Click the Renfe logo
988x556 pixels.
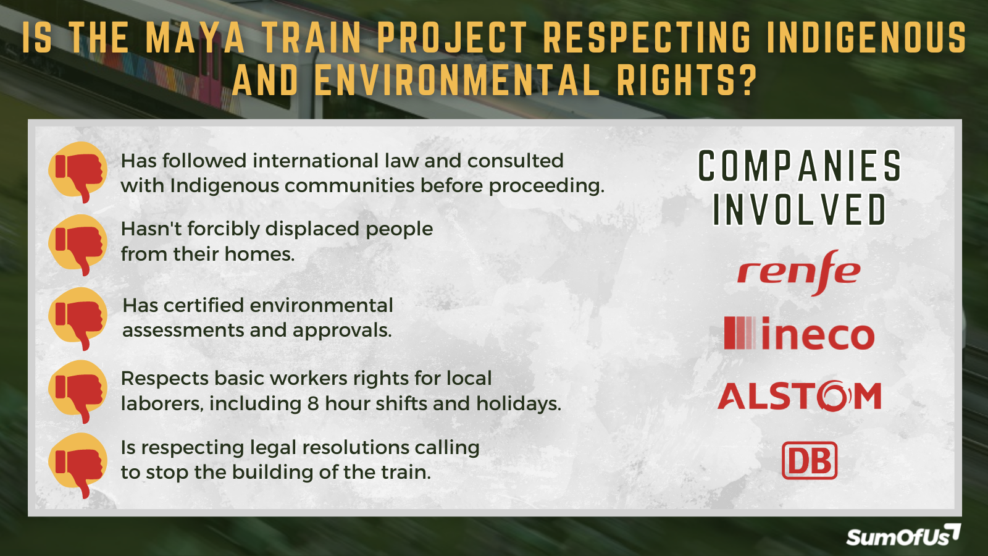(x=798, y=272)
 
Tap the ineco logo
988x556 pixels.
(x=799, y=334)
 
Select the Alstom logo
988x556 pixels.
(x=800, y=396)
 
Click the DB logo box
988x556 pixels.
(x=810, y=461)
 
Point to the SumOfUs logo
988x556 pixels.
(x=902, y=536)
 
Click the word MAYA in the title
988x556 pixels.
(x=195, y=38)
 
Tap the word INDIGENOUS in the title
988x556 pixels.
(x=866, y=38)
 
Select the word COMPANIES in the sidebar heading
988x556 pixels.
(x=800, y=166)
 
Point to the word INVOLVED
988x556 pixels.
(x=800, y=209)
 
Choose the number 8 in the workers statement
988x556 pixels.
(x=313, y=403)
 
